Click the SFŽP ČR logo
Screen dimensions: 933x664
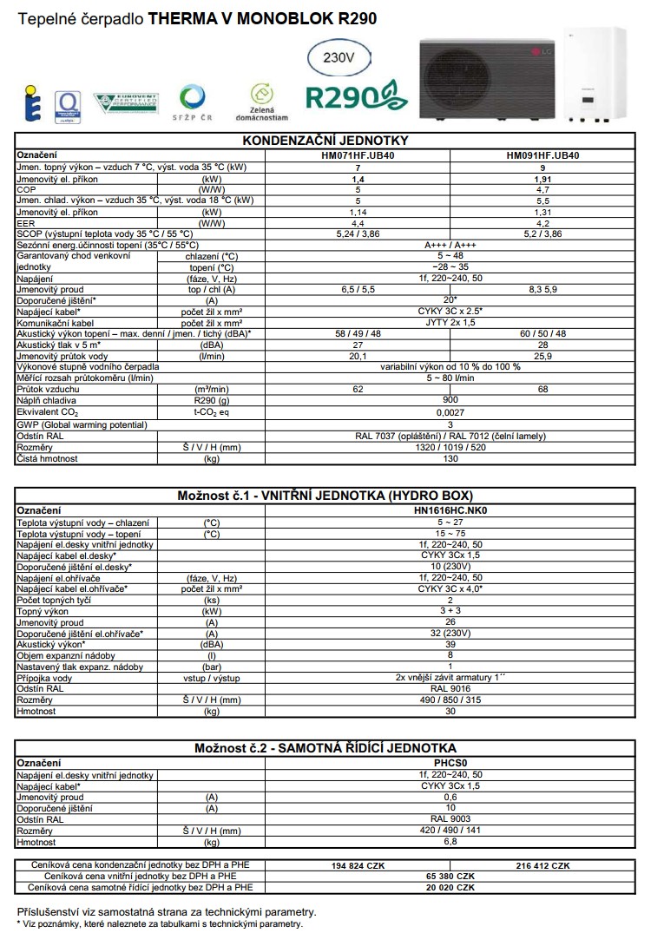[x=192, y=102]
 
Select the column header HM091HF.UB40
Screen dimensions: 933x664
[x=542, y=154]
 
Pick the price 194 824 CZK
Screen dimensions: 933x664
[x=357, y=865]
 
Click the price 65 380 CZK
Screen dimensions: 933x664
[x=450, y=877]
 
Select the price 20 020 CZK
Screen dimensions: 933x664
[x=450, y=888]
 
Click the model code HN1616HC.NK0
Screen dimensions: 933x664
[x=450, y=511]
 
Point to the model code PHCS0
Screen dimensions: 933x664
[x=450, y=763]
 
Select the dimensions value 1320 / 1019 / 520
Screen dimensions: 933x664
[x=450, y=447]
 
